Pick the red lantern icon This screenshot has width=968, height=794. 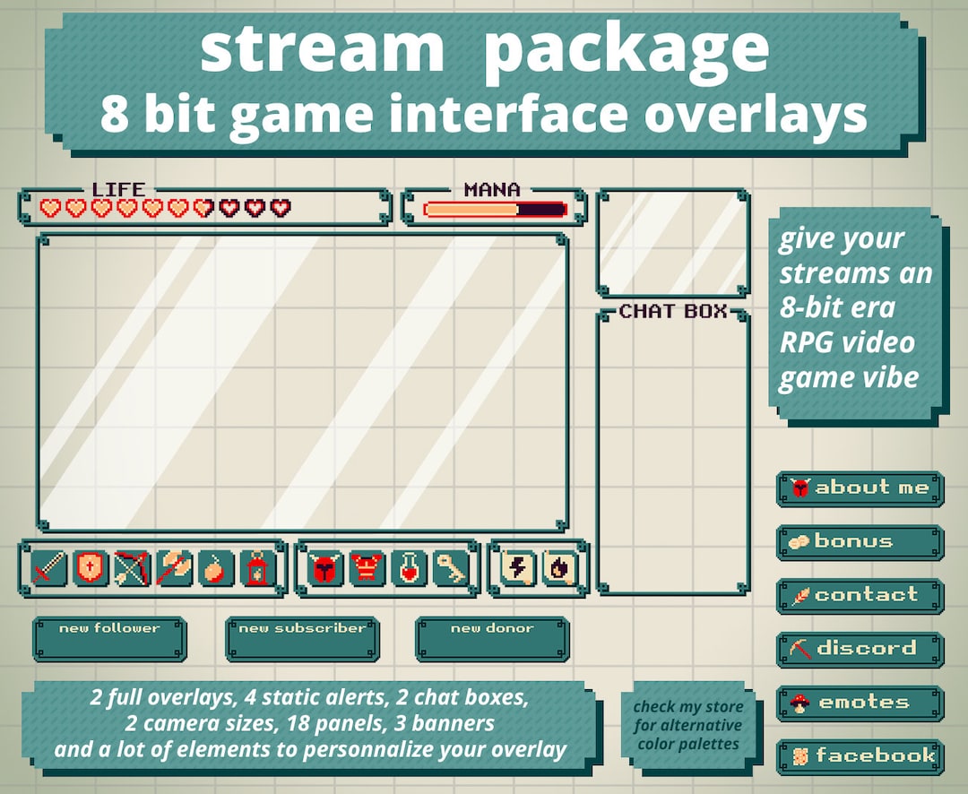257,568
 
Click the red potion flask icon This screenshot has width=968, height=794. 409,568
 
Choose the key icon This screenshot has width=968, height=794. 449,568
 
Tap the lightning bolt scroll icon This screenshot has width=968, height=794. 517,568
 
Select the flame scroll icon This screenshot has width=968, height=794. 558,568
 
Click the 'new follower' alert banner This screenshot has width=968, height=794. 109,639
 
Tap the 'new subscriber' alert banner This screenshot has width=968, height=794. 302,639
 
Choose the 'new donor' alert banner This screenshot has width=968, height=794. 492,639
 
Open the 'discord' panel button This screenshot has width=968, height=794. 860,649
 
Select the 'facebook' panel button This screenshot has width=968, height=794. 860,756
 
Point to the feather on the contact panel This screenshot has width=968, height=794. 799,596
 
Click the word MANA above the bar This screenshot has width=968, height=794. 492,190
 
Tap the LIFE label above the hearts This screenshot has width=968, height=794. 118,190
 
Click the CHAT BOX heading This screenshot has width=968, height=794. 672,312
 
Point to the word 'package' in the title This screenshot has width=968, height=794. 626,51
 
